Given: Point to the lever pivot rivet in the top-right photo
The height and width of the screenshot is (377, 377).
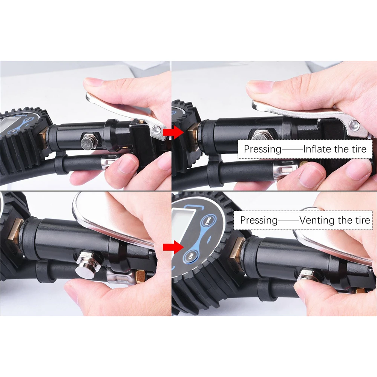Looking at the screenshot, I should click(x=354, y=125).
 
